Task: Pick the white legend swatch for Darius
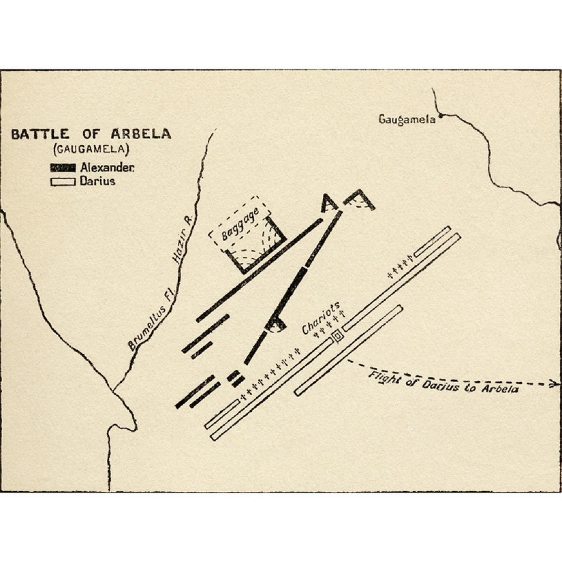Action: (x=62, y=181)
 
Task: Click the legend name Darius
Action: (x=97, y=181)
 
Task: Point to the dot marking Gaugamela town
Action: (x=441, y=118)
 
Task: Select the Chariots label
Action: (x=320, y=317)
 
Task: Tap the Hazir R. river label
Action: (x=183, y=244)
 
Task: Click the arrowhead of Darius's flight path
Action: (x=555, y=384)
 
